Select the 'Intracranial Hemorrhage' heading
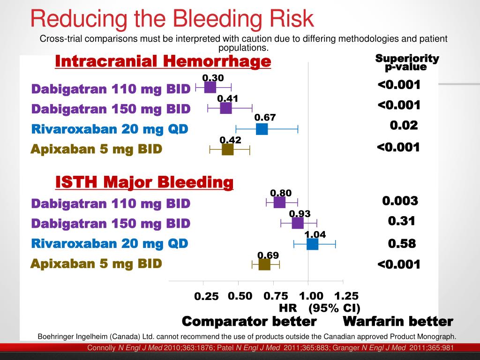(x=163, y=61)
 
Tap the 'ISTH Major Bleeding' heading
(x=144, y=182)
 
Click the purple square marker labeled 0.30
(x=210, y=88)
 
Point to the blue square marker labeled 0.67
(x=262, y=129)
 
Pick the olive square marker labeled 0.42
(x=228, y=150)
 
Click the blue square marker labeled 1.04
(x=313, y=244)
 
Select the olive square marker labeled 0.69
(x=264, y=264)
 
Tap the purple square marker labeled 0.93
(x=298, y=223)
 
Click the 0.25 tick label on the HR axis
(x=207, y=296)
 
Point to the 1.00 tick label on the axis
(x=311, y=296)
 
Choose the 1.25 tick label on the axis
(x=346, y=296)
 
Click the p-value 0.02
(x=404, y=126)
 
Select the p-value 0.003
(x=400, y=201)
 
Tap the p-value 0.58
(x=402, y=244)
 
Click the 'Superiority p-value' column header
(x=407, y=62)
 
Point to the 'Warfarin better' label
(x=398, y=322)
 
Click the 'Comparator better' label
(x=249, y=322)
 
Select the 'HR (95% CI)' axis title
(x=319, y=308)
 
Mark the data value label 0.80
(x=281, y=193)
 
